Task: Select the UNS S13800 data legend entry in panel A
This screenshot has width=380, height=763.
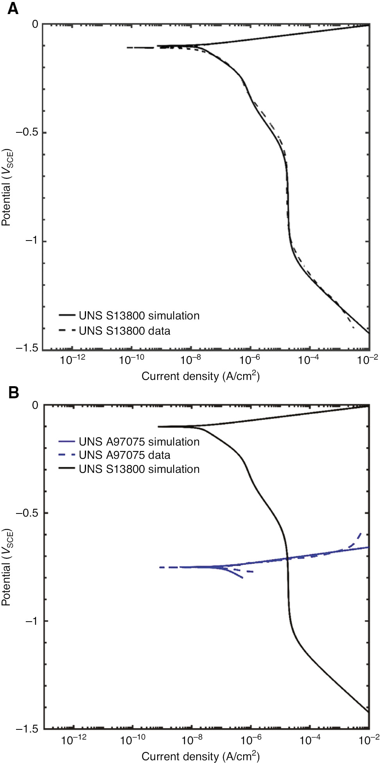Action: (124, 331)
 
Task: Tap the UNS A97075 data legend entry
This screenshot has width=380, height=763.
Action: (124, 455)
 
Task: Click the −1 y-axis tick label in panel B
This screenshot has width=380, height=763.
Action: (31, 621)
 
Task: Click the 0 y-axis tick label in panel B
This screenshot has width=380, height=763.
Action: (35, 405)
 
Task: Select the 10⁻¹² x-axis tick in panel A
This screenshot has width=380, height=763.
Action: (72, 359)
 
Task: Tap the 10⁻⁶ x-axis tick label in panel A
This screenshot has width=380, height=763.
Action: (249, 359)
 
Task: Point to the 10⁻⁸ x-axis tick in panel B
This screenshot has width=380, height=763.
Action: (192, 740)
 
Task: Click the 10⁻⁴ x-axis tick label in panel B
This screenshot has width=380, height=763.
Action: (310, 740)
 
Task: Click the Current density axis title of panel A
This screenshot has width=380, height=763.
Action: (200, 376)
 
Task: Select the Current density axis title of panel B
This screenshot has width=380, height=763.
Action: (200, 756)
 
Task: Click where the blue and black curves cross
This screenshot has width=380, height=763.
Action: (287, 558)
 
